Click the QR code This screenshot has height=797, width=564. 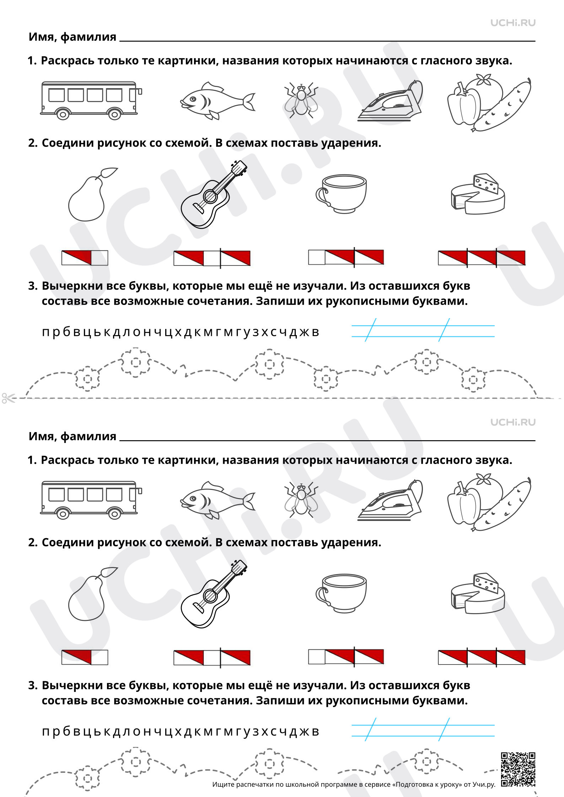[518, 770]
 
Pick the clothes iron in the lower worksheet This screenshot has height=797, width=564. [390, 500]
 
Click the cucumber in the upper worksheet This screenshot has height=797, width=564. [502, 105]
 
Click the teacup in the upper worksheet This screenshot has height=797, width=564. [341, 194]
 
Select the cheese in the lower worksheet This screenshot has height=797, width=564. [478, 594]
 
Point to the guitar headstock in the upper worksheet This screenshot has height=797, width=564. [238, 168]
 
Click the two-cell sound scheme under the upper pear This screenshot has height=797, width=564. [85, 258]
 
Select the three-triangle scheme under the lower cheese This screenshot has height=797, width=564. [482, 657]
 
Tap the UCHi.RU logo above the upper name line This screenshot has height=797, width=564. [513, 23]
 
